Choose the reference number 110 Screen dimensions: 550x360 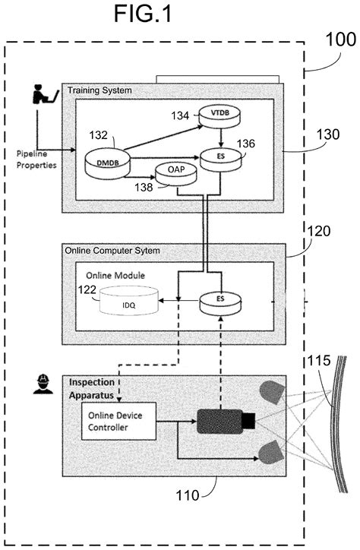[x=187, y=495]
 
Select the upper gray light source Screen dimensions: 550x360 [x=271, y=392]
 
